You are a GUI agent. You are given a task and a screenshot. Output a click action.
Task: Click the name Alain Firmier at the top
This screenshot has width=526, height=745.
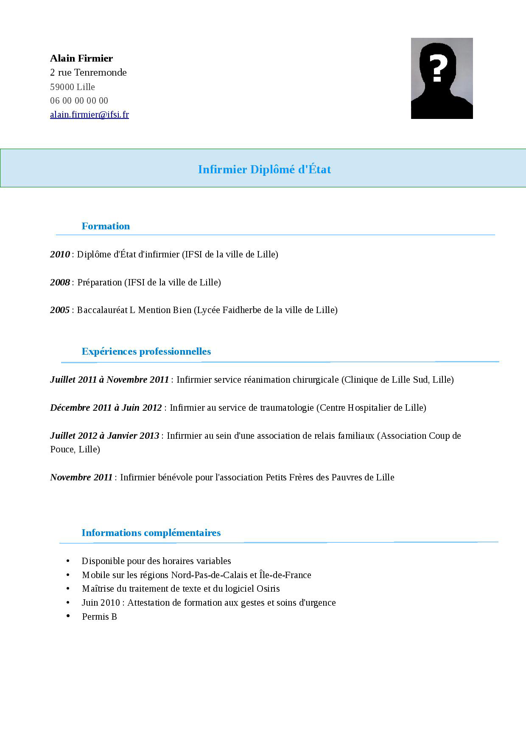pyautogui.click(x=81, y=58)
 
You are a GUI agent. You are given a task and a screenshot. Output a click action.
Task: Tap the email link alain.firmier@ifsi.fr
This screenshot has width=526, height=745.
pyautogui.click(x=90, y=114)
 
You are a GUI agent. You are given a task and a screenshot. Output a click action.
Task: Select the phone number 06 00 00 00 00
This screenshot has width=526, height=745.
pyautogui.click(x=79, y=101)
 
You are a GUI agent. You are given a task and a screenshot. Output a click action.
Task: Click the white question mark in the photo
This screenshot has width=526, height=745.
pyautogui.click(x=438, y=68)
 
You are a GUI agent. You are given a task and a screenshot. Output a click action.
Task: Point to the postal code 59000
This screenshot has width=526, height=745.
pyautogui.click(x=62, y=87)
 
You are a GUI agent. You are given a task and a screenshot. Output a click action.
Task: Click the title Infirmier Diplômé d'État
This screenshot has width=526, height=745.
pyautogui.click(x=264, y=169)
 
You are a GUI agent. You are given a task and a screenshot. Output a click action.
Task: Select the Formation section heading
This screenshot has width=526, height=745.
pyautogui.click(x=106, y=226)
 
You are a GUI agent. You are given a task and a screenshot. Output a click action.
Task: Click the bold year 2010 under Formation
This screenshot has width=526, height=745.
pyautogui.click(x=60, y=254)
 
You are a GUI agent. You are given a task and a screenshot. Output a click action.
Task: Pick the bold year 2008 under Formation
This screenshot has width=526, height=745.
pyautogui.click(x=60, y=282)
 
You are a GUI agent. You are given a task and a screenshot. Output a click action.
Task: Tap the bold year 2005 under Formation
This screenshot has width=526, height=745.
pyautogui.click(x=60, y=310)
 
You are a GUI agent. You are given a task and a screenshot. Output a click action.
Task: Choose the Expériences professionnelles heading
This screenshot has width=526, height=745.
pyautogui.click(x=146, y=351)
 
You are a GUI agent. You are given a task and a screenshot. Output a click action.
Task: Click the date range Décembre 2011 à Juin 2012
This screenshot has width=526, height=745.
pyautogui.click(x=106, y=407)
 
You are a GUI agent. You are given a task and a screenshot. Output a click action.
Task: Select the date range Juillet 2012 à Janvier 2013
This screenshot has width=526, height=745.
pyautogui.click(x=104, y=435)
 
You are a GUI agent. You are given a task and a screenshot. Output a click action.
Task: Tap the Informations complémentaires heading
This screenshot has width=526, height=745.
pyautogui.click(x=151, y=533)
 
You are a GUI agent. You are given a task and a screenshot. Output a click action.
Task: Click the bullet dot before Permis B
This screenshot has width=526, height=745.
pyautogui.click(x=68, y=616)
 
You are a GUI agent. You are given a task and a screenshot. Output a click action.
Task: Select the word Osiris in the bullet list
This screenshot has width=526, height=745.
pyautogui.click(x=268, y=588)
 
